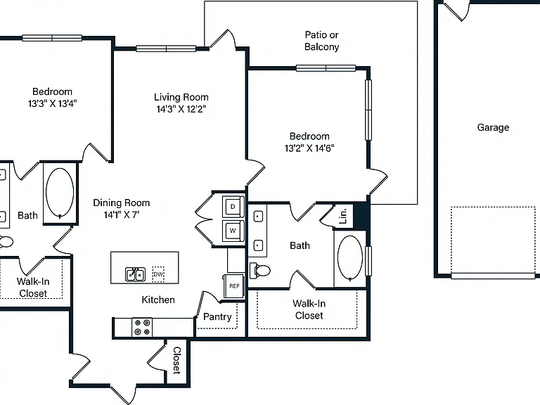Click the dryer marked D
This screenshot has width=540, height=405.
(x=233, y=207)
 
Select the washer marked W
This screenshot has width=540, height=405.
(x=233, y=231)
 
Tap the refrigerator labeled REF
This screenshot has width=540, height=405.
(x=234, y=286)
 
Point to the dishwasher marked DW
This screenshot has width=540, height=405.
(x=158, y=274)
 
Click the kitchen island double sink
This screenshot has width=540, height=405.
(x=135, y=274)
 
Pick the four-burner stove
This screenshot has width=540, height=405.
(x=142, y=327)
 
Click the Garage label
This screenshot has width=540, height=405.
(x=493, y=128)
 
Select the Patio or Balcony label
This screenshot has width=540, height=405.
(x=321, y=41)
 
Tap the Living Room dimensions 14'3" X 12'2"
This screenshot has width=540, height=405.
(x=181, y=109)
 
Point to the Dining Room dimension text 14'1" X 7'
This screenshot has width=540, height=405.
(x=122, y=214)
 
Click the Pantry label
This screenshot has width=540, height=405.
(x=217, y=317)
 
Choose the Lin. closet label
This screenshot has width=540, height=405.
(x=343, y=217)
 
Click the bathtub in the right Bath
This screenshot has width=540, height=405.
(x=350, y=258)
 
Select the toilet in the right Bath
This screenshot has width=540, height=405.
(x=260, y=270)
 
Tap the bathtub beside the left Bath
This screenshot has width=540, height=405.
(x=60, y=193)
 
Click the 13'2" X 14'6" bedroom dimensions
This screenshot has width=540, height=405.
(x=309, y=148)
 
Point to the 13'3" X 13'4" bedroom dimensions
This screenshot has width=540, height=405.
(x=52, y=103)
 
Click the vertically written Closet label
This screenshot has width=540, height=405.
(x=176, y=360)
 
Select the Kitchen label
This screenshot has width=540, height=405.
(x=158, y=300)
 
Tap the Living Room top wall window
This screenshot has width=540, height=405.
(x=166, y=49)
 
